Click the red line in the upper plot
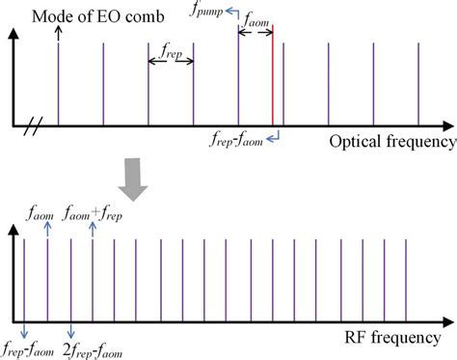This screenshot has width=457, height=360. pos(273,82)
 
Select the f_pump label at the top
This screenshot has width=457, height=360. pos(211,10)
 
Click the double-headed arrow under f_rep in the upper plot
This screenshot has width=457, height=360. pos(172,62)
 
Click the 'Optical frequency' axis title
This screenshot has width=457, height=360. pos(391,142)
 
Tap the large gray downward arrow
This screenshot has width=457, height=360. pos(139,180)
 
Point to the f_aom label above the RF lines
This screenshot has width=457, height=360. pos(40,209)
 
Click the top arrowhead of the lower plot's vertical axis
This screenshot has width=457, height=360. pos(13,230)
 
